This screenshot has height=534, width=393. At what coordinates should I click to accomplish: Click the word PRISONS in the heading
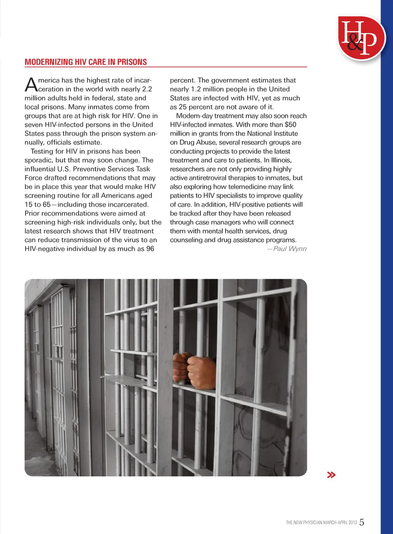[132, 62]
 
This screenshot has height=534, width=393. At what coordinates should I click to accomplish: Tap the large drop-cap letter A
[31, 85]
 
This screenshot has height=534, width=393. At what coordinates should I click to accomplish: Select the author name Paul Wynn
[289, 249]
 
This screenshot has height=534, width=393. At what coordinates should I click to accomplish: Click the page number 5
[362, 522]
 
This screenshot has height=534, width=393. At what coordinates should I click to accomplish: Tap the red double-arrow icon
[331, 475]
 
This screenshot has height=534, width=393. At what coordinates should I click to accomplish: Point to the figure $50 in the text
[290, 125]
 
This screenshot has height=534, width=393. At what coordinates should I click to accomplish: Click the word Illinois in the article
[281, 160]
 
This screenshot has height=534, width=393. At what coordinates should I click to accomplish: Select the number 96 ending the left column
[150, 249]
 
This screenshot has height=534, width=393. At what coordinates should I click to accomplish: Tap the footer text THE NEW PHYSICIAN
[304, 523]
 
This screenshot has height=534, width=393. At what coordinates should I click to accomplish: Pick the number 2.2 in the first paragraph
[147, 89]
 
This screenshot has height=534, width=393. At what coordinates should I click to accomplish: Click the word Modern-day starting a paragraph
[194, 116]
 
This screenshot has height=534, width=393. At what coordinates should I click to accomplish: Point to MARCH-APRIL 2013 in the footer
[340, 523]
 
